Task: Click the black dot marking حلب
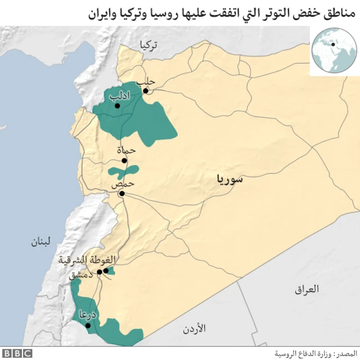(x=145, y=91)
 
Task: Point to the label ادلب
(x=119, y=96)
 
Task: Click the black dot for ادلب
(x=117, y=105)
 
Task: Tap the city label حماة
(x=127, y=151)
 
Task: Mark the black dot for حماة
(x=124, y=160)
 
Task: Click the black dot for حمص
(x=121, y=193)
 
